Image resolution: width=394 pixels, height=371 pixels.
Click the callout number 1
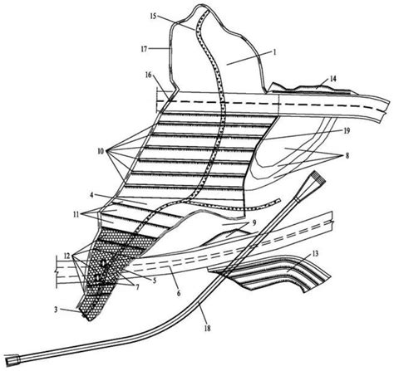274,51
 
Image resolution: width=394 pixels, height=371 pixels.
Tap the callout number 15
153,16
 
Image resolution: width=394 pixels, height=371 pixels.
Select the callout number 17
144,50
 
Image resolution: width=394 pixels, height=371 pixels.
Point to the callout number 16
149,75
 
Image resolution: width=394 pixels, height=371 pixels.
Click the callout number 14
333,79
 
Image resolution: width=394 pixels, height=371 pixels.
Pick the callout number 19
347,130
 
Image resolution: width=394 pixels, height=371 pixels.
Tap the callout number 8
347,155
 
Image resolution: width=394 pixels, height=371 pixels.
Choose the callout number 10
101,151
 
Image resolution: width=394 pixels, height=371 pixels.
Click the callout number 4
92,195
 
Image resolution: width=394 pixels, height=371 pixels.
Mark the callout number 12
68,256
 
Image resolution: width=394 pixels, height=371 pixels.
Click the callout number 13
315,253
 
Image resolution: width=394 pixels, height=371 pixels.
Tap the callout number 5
155,281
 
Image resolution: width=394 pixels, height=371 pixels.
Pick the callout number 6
179,292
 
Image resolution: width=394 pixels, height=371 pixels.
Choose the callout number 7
136,287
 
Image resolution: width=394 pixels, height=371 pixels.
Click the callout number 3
56,310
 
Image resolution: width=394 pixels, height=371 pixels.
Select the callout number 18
207,329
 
